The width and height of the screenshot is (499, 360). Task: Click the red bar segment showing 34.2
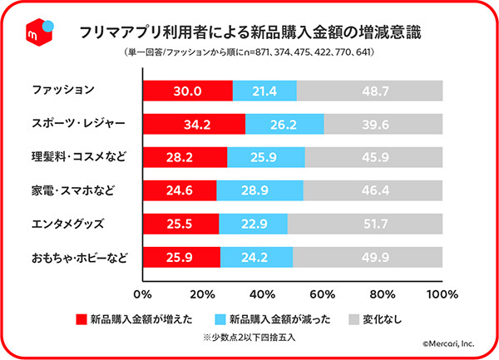click(x=194, y=124)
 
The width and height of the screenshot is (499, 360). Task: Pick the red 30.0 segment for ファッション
click(x=188, y=91)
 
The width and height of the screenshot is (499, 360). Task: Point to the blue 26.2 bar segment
click(x=284, y=124)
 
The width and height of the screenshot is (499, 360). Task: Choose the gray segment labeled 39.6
click(x=383, y=124)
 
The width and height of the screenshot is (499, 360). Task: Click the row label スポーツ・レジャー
click(x=77, y=124)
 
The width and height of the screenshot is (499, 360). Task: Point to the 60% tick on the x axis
click(x=324, y=293)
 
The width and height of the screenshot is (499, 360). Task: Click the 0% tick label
click(x=143, y=293)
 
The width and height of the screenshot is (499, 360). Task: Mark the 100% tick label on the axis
click(x=442, y=293)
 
